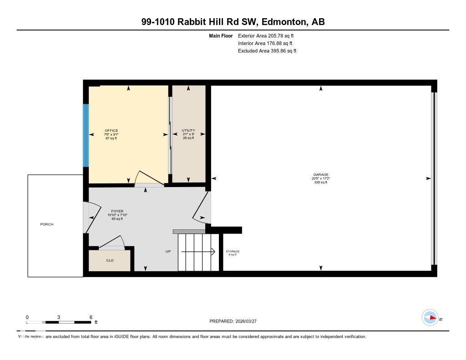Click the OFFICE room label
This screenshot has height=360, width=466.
coord(111,131)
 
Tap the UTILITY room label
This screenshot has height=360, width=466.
coord(188,131)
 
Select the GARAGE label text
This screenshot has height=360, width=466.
coord(320,175)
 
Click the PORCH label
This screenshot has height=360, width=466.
coord(47,224)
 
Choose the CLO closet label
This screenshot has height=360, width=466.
coord(110,261)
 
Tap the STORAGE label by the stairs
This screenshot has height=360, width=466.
coord(233,251)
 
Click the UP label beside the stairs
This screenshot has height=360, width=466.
coord(168,252)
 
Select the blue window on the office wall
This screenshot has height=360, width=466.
coord(85,135)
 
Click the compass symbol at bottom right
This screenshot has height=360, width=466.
coord(430,318)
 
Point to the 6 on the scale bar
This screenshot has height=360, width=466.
coord(91,317)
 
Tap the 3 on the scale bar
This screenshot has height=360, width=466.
coord(59,317)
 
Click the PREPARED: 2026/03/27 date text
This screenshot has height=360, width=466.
coord(236,321)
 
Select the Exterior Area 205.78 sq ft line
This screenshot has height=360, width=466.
coord(267,35)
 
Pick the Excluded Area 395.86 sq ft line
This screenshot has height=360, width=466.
coord(267,51)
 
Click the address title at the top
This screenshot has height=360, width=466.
coord(233,22)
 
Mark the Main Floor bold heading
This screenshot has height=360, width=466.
coord(221,35)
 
